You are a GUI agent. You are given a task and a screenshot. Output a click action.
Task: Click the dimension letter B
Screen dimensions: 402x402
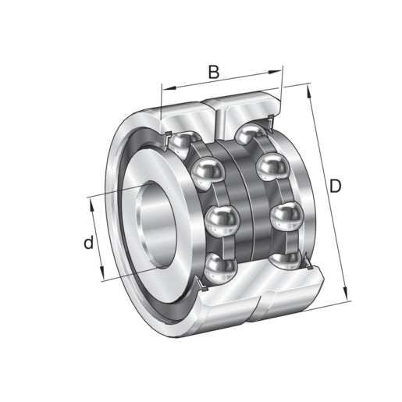pyautogui.click(x=213, y=73)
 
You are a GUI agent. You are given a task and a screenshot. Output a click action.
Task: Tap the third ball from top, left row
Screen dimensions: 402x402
pyautogui.click(x=222, y=222)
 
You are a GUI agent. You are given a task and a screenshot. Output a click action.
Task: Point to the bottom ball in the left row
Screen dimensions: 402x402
pyautogui.click(x=220, y=267)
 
